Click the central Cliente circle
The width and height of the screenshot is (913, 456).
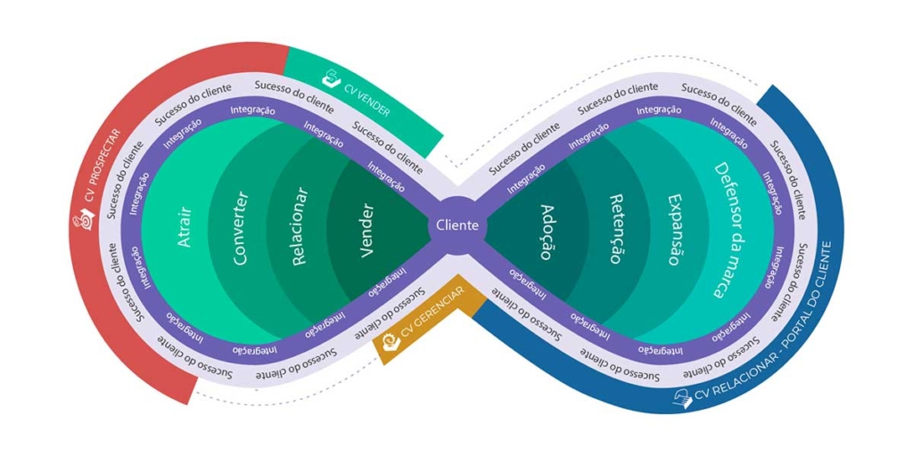456,225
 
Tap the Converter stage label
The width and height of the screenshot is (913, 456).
241,227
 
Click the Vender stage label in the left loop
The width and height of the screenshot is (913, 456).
366,230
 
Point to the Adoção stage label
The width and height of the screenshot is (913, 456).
547,232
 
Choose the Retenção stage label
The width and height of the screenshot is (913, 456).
615,230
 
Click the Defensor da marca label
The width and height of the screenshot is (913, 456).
729,230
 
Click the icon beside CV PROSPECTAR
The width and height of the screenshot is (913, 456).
81,216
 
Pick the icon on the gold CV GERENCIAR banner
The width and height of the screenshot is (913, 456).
391,343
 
